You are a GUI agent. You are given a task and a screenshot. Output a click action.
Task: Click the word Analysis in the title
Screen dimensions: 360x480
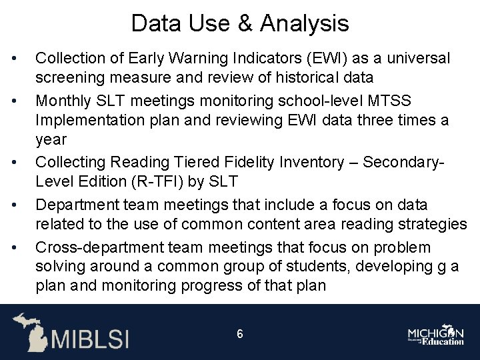[x=305, y=23]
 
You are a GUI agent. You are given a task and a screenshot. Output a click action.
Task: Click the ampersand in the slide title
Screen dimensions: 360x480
[x=245, y=23]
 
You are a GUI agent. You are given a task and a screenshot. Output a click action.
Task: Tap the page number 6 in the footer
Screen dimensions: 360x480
[x=240, y=333]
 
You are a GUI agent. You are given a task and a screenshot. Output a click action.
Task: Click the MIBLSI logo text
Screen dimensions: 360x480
[x=91, y=338]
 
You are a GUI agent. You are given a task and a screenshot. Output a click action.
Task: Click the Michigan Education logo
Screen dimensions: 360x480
[x=436, y=335]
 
